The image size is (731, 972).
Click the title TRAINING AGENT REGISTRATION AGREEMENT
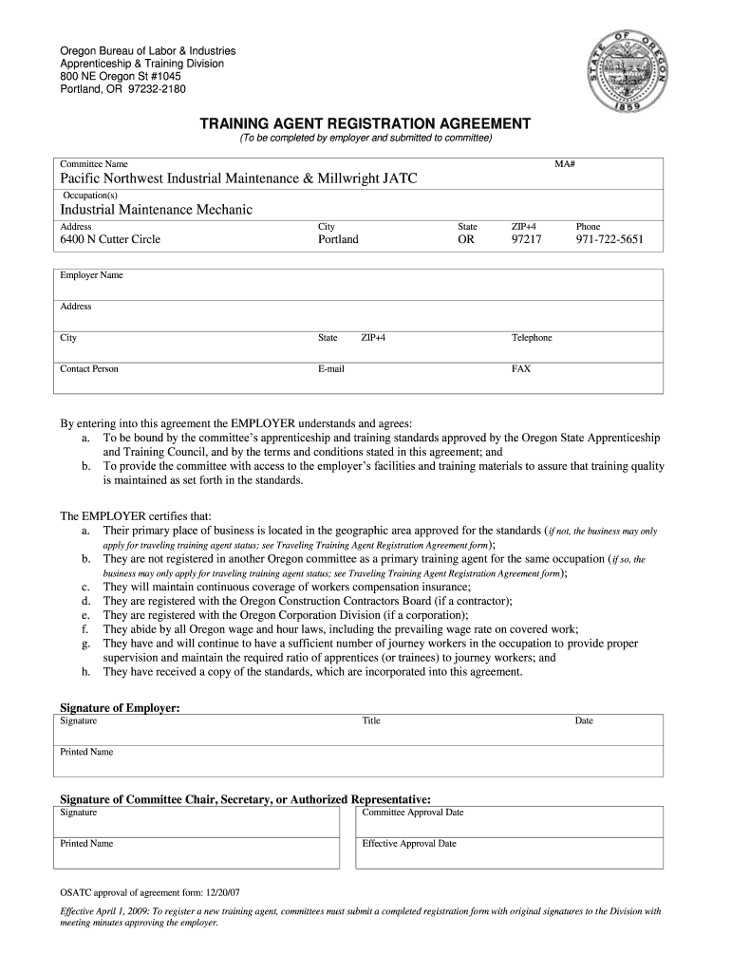pyautogui.click(x=365, y=124)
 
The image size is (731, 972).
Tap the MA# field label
pyautogui.click(x=566, y=164)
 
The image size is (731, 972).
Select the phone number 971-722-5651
pyautogui.click(x=609, y=240)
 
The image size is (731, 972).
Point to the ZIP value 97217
pyautogui.click(x=526, y=240)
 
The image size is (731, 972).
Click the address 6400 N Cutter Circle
pyautogui.click(x=110, y=240)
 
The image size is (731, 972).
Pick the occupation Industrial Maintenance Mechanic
pyautogui.click(x=157, y=210)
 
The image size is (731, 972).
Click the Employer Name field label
pyautogui.click(x=91, y=275)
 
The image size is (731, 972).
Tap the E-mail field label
pyautogui.click(x=330, y=368)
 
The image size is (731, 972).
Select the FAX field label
pyautogui.click(x=521, y=368)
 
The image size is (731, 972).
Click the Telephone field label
pyautogui.click(x=532, y=338)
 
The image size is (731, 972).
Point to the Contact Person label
pyautogui.click(x=89, y=368)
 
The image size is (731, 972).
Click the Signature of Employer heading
pyautogui.click(x=120, y=708)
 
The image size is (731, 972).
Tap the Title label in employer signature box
pyautogui.click(x=371, y=721)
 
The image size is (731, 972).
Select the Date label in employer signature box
pyautogui.click(x=584, y=721)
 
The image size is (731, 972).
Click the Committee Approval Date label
pyautogui.click(x=413, y=813)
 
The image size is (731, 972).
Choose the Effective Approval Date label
pyautogui.click(x=409, y=843)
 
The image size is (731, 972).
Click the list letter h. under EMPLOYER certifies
pyautogui.click(x=85, y=672)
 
